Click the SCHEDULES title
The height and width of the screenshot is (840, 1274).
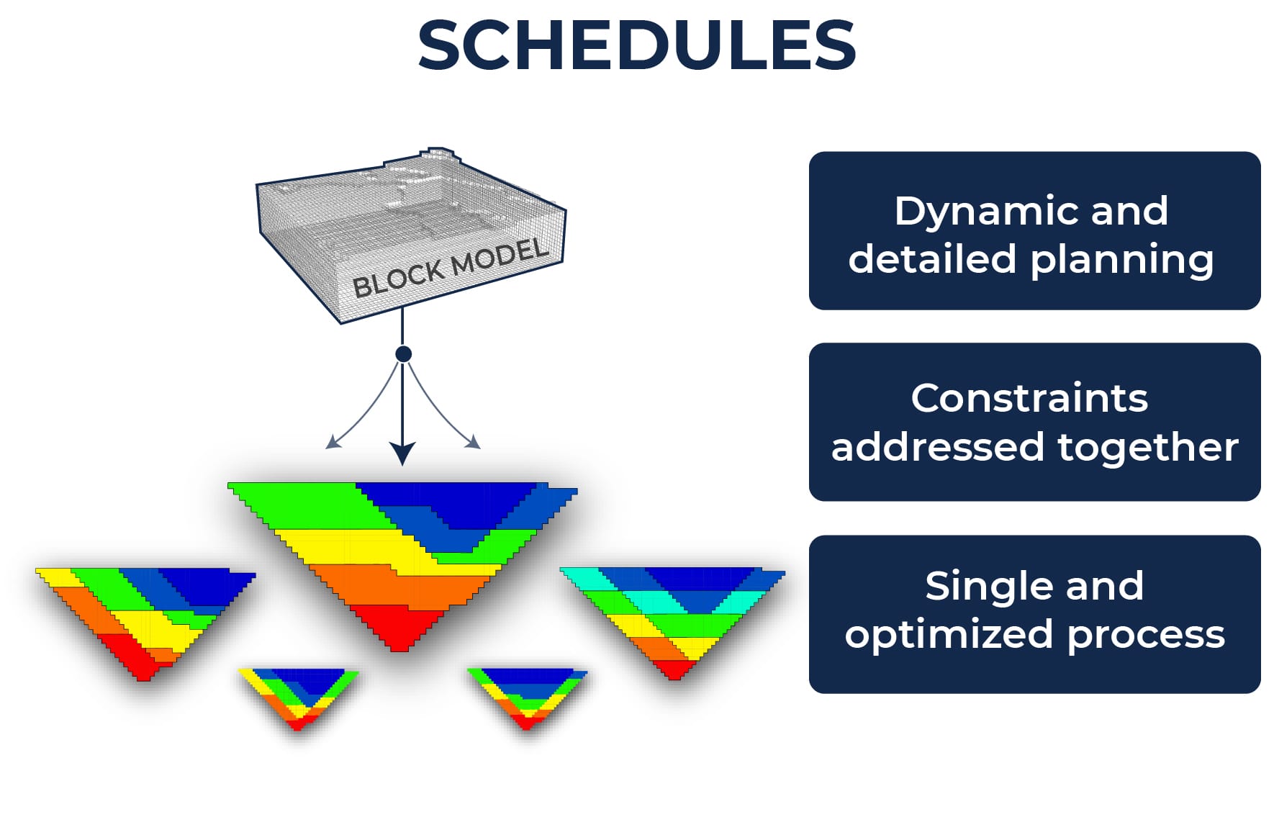[636, 45]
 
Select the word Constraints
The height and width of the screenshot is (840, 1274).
[1029, 398]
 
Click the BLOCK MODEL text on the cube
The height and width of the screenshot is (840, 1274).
[450, 268]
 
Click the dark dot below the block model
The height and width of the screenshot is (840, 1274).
[403, 354]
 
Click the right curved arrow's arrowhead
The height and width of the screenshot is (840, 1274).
[473, 441]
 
